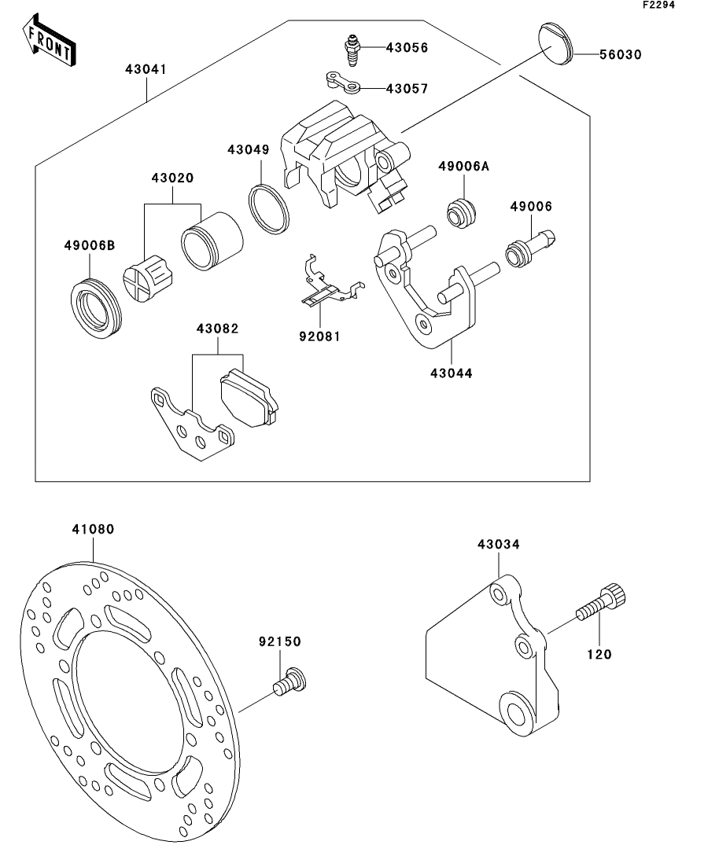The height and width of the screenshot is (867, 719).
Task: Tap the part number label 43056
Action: (406, 48)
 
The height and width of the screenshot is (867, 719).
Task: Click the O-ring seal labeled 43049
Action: (269, 208)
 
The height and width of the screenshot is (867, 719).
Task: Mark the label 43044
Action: (452, 373)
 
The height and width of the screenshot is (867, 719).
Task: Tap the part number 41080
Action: (93, 530)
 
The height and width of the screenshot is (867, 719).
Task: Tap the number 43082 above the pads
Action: (217, 329)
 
